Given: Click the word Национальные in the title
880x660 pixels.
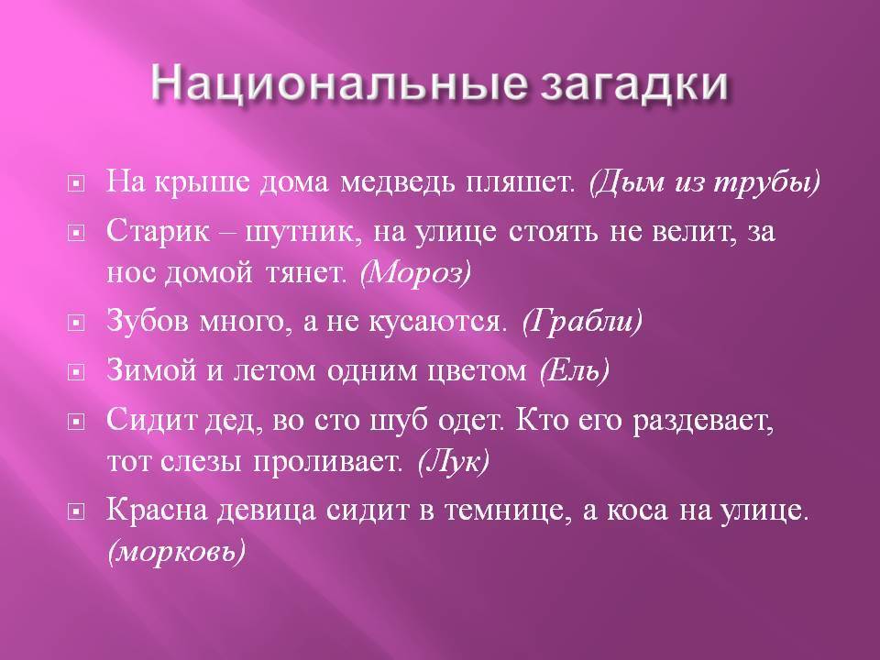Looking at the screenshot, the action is point(339,84).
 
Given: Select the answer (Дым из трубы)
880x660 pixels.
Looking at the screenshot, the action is point(705,182).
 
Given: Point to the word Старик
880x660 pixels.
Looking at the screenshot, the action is point(159,231).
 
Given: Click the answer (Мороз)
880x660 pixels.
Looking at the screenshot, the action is point(415,273).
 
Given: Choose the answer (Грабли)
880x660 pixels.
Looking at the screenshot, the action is point(582,322).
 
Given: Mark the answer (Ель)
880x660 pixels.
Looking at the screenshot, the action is point(574,370).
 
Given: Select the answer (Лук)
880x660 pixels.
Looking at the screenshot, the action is point(454,462).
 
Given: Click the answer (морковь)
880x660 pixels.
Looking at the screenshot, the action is point(176,552).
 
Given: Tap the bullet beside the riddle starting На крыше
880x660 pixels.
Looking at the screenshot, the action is point(76,183).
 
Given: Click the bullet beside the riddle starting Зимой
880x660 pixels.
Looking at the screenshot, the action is point(76,371).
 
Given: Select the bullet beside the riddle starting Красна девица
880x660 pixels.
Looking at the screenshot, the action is point(76,511).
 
